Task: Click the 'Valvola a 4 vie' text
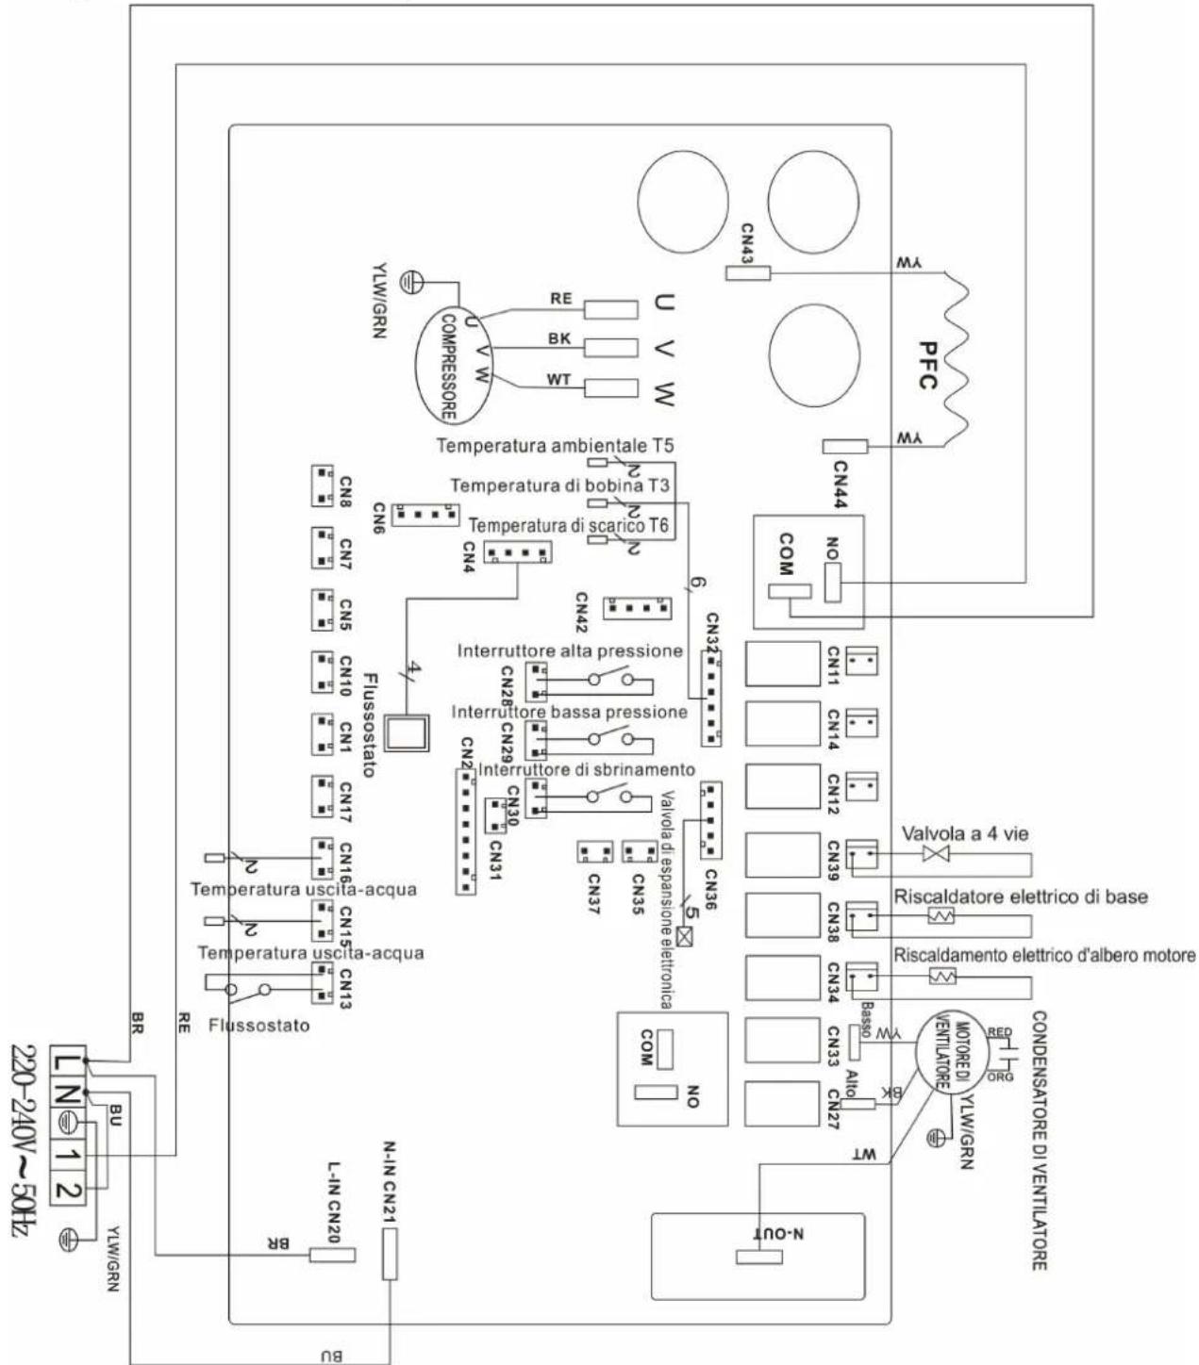pos(965,833)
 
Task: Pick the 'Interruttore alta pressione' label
pos(570,651)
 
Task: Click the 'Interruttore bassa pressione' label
pos(569,712)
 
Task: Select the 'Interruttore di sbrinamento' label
pos(587,770)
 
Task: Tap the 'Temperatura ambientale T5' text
pos(556,445)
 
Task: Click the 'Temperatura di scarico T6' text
pos(569,525)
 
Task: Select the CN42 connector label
pos(582,613)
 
